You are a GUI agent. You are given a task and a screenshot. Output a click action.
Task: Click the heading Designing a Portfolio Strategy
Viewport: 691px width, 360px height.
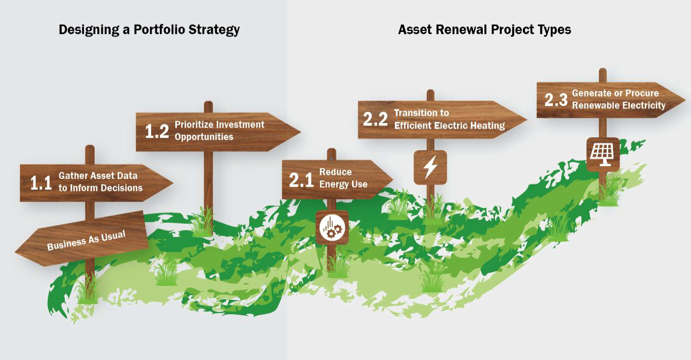click(149, 29)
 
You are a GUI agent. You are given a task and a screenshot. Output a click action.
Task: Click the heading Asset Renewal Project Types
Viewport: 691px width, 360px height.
click(484, 29)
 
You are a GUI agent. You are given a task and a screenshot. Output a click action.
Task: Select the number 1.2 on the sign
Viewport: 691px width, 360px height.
click(157, 131)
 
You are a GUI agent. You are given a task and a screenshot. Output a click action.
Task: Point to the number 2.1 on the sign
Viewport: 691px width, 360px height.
click(301, 179)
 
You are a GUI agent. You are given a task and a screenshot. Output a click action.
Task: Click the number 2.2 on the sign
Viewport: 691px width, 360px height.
click(375, 119)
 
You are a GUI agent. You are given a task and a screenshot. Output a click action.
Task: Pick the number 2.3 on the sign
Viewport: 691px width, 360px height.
click(555, 100)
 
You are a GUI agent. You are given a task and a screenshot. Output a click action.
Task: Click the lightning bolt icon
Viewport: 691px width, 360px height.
click(430, 168)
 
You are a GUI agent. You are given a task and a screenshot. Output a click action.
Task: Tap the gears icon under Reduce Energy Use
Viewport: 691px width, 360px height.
click(332, 227)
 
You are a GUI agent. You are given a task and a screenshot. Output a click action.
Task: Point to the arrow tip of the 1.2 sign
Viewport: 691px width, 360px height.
click(299, 132)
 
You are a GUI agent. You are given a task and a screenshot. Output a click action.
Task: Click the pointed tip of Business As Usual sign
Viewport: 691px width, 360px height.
click(16, 252)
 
